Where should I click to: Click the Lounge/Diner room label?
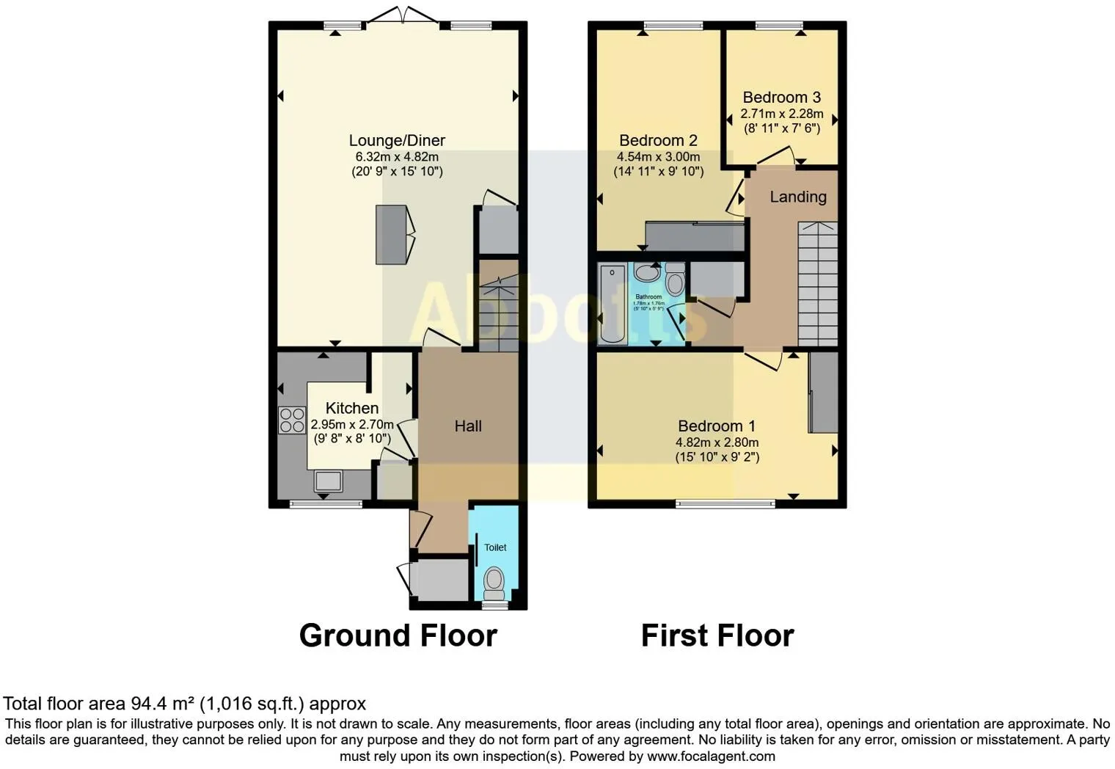pos(397,140)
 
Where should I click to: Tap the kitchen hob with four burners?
pos(291,420)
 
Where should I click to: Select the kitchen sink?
pos(328,481)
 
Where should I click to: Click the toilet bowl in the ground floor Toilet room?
pos(494,580)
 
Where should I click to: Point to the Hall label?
pos(468,426)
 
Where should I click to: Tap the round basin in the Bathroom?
pos(646,273)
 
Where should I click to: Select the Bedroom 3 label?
pos(781,97)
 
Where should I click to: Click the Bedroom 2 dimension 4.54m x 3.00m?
pos(658,157)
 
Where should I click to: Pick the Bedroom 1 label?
pos(717,426)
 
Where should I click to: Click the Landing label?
pos(797,197)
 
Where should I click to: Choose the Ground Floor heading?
pos(398,635)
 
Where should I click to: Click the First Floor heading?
pos(717,635)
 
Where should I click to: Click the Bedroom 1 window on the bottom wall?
pos(725,503)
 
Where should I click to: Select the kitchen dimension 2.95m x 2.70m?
pos(352,424)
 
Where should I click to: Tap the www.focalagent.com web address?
pos(710,756)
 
